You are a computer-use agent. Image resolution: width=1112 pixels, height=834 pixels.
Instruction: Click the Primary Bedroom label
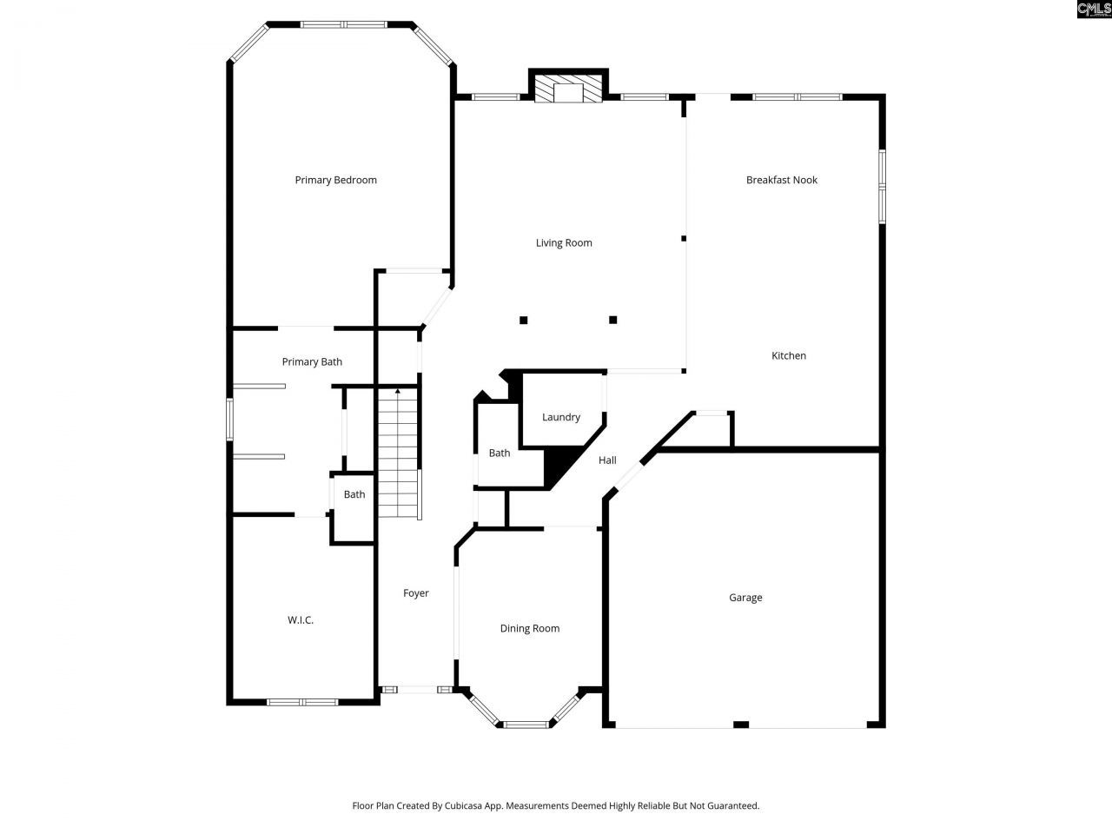coord(335,180)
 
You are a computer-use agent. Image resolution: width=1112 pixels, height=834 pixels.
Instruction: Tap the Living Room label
coord(564,243)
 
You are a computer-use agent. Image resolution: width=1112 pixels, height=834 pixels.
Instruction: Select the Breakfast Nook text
coord(782,180)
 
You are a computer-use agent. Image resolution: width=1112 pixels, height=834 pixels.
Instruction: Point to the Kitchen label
coord(789,355)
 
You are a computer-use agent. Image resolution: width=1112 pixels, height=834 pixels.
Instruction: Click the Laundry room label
coord(561,417)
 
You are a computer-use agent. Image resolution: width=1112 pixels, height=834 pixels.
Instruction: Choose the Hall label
coord(607,460)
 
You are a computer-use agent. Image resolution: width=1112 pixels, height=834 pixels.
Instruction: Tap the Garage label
coord(745,598)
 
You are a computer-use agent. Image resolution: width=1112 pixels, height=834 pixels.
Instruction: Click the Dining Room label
coord(529,628)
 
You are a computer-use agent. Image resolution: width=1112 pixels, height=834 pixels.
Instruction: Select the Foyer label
coord(416,593)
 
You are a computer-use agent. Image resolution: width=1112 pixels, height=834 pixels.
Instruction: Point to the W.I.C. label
coord(301,620)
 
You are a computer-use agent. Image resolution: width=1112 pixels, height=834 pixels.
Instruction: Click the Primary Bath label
coord(312,361)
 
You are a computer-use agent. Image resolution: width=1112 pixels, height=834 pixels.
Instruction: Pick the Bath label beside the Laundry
coord(500,453)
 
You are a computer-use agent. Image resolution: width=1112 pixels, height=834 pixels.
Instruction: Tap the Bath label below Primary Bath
coord(354,494)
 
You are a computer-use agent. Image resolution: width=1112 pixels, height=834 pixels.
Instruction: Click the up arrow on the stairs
coord(398,394)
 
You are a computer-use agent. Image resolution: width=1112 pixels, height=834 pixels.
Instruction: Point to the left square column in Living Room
coord(524,321)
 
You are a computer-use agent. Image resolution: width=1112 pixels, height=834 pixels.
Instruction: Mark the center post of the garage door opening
coord(741,724)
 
